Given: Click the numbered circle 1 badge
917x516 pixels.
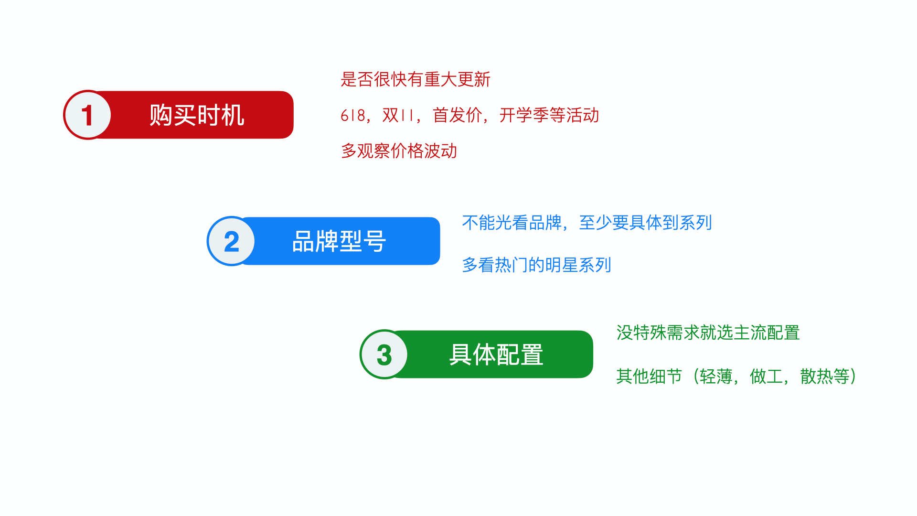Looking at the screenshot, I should coord(87,115).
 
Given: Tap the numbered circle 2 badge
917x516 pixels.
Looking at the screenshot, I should coord(231,241).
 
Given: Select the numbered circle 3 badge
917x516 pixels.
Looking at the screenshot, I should coord(384,355).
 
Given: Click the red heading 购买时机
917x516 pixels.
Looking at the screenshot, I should coord(197,115).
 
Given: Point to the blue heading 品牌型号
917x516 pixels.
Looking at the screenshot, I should coord(339,241).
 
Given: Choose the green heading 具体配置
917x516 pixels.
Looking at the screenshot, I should coord(496,355).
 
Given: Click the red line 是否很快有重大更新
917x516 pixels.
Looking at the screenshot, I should coord(415,79).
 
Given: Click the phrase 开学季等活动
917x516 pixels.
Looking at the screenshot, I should coord(549,115).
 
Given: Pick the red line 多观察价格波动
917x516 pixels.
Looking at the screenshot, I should coord(399,151).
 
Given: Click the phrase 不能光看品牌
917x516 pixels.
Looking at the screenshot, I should coord(512,223).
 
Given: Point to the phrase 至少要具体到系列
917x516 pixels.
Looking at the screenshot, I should coord(645,223).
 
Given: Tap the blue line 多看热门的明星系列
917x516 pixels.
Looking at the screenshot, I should coord(536,265).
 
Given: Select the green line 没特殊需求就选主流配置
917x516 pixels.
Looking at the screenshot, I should coord(708,333).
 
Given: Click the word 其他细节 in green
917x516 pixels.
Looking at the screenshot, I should coord(649,376).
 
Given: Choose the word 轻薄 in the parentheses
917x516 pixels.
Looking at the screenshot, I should coord(716,376).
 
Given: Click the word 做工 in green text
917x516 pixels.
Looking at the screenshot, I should coord(766,376).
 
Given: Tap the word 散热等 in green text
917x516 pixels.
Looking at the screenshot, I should coord(825,376).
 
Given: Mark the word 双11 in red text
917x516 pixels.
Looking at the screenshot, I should coord(398,115).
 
